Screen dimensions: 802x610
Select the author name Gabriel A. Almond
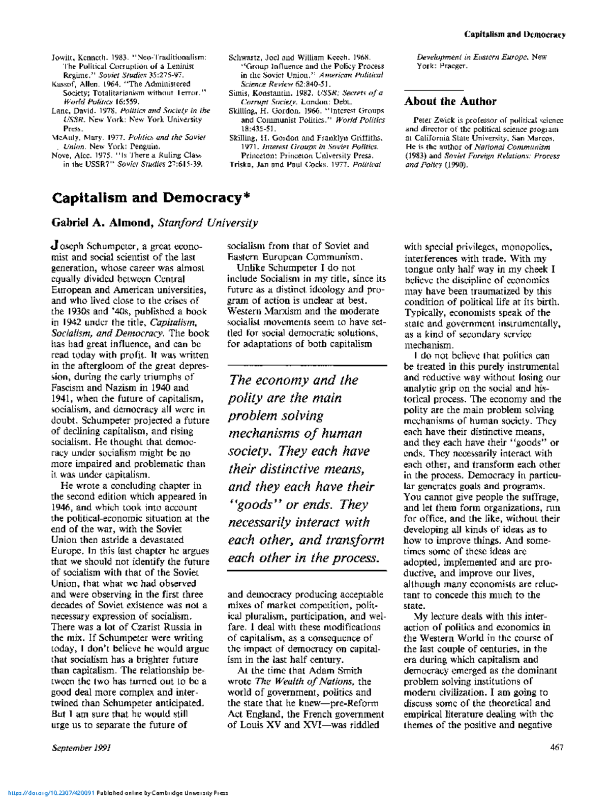point(102,223)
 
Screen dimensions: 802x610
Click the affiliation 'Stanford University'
point(208,223)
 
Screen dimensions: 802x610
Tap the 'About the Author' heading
point(450,101)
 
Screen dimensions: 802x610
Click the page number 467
point(557,747)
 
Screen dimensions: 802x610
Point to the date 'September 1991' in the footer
point(81,748)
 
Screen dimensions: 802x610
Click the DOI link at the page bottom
point(48,792)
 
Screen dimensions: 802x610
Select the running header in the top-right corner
point(514,35)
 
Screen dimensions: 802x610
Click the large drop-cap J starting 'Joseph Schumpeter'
point(55,245)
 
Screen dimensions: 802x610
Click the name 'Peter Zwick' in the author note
point(431,121)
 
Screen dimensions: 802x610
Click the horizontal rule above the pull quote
point(307,365)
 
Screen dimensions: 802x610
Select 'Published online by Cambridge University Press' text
point(162,792)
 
